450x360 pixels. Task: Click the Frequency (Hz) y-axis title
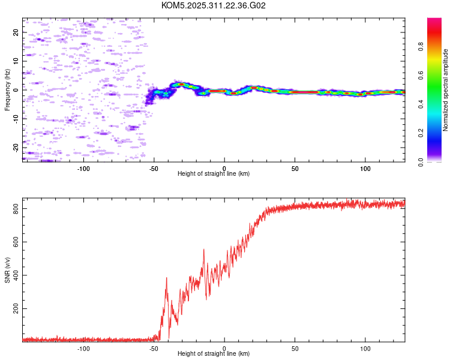tap(7, 90)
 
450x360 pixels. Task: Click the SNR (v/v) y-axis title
tap(7, 269)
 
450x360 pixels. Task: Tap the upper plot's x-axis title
tap(214, 173)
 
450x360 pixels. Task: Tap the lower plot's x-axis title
tap(214, 353)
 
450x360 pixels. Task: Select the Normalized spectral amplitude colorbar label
tap(446, 90)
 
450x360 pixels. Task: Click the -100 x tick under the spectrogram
tap(83, 168)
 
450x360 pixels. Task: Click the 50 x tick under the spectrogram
tap(295, 168)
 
